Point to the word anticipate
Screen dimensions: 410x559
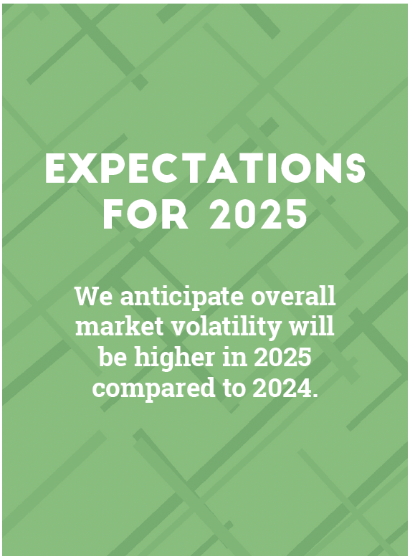pyautogui.click(x=183, y=297)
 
